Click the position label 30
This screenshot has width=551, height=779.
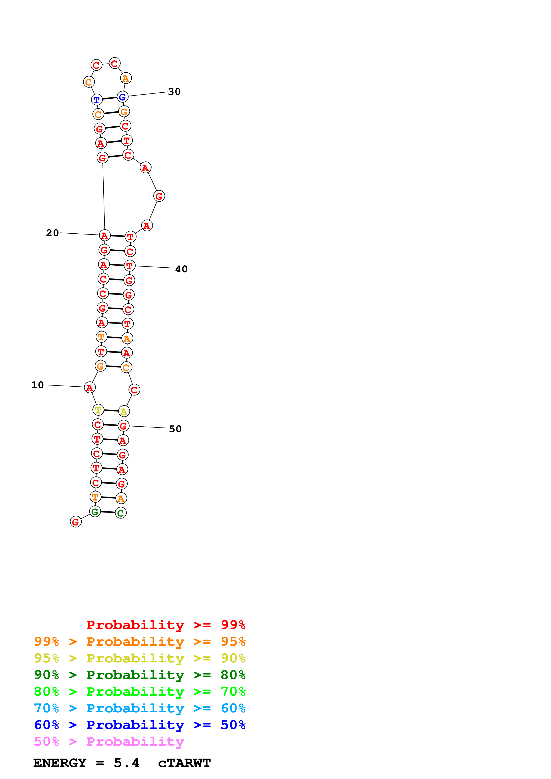[x=174, y=92]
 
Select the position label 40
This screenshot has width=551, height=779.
[x=181, y=269]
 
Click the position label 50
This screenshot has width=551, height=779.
[x=175, y=429]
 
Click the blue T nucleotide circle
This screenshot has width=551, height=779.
[x=97, y=100]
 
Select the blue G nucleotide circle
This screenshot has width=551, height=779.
[x=122, y=97]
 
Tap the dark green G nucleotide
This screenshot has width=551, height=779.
[x=95, y=512]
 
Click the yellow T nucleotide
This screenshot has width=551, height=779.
[x=98, y=410]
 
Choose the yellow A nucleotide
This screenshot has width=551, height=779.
[x=124, y=411]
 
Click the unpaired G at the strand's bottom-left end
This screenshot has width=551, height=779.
[x=76, y=522]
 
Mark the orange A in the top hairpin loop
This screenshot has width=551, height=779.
[x=126, y=78]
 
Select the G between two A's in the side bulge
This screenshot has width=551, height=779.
[x=159, y=196]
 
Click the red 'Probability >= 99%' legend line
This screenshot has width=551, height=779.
[x=166, y=625]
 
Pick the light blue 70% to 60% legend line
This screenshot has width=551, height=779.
[x=140, y=708]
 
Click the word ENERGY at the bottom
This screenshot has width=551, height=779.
[x=60, y=763]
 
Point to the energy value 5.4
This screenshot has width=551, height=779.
[x=126, y=763]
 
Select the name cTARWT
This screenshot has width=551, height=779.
[x=184, y=763]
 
